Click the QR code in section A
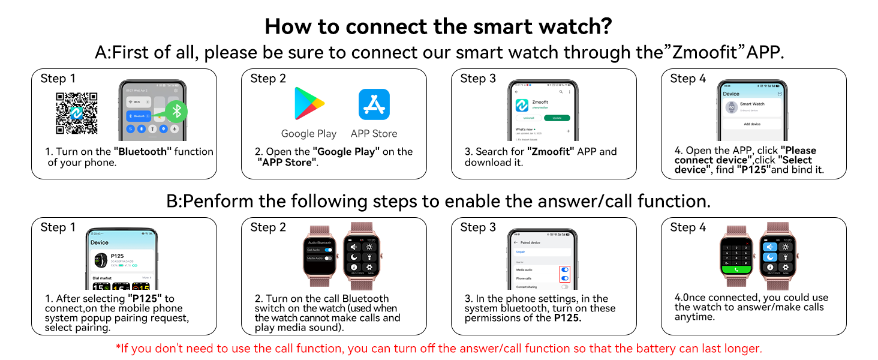tap(76, 113)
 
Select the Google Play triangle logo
tap(309, 104)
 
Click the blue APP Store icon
tap(374, 104)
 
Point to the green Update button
tap(557, 118)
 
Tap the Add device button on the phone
tap(752, 124)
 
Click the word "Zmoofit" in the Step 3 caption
tap(550, 152)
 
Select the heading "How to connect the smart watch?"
tap(438, 26)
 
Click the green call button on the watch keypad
tap(736, 270)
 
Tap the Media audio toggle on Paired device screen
tap(564, 270)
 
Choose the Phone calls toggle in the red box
tap(564, 278)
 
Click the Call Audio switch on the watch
tap(327, 250)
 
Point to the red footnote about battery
tap(438, 349)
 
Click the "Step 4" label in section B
tap(688, 227)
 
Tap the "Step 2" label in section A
tap(268, 79)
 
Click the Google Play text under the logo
tap(309, 133)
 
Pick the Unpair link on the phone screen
tap(521, 251)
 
